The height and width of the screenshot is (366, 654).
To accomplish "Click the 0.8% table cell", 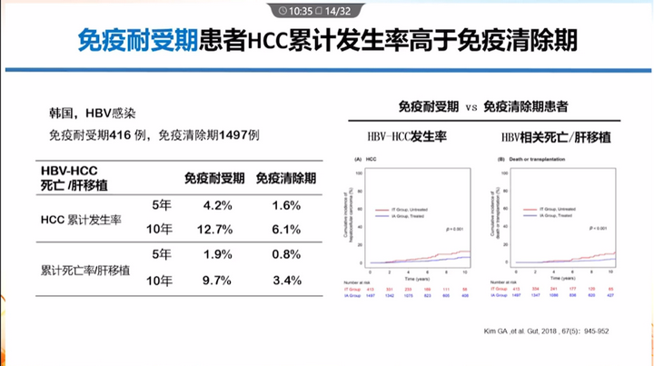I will [285, 255].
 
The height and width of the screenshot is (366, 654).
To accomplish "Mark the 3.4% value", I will [285, 281].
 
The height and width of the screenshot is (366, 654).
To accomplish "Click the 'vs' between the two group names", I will [472, 107].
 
